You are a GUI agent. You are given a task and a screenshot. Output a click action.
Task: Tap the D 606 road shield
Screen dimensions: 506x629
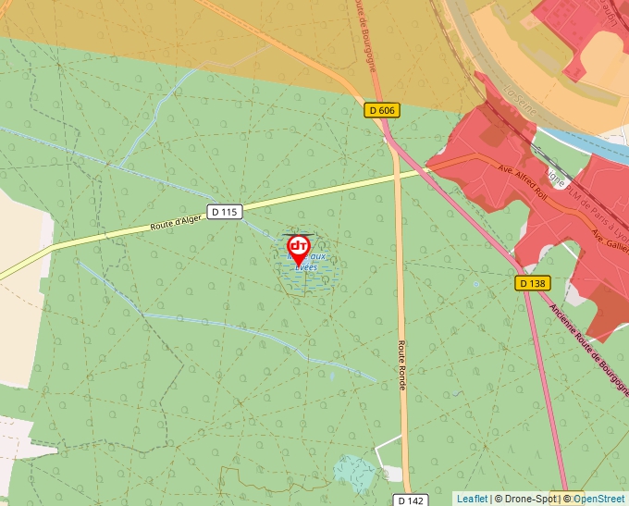coord(381,110)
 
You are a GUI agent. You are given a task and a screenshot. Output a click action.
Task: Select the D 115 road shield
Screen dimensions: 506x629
coord(224,212)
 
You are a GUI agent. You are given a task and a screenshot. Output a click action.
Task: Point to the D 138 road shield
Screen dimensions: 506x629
coord(533,282)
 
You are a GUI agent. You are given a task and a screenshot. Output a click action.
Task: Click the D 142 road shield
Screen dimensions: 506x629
coord(412,500)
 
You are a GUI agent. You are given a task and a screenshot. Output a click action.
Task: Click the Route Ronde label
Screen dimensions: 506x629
coord(402,364)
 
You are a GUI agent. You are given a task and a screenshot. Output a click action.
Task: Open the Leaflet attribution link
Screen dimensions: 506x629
coord(472,499)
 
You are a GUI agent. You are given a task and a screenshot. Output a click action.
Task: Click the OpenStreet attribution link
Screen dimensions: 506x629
coord(600,499)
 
